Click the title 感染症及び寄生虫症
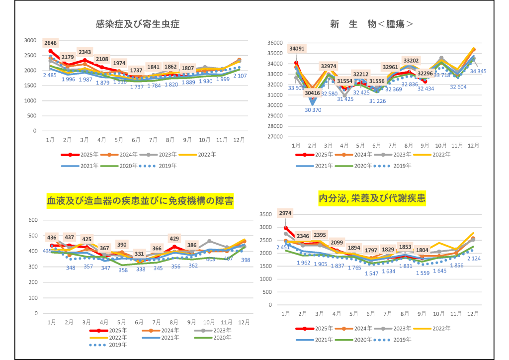pyautogui.click(x=138, y=24)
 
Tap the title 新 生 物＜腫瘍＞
pyautogui.click(x=372, y=24)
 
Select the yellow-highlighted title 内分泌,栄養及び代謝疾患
pyautogui.click(x=372, y=198)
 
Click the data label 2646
pyautogui.click(x=51, y=43)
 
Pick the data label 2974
pyautogui.click(x=285, y=213)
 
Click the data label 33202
pyautogui.click(x=411, y=61)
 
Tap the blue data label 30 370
pyautogui.click(x=312, y=110)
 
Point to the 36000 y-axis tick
pyautogui.click(x=275, y=43)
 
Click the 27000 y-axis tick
pyautogui.click(x=275, y=137)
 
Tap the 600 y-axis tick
pyautogui.click(x=34, y=220)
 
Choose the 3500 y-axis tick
pyautogui.click(x=265, y=214)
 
